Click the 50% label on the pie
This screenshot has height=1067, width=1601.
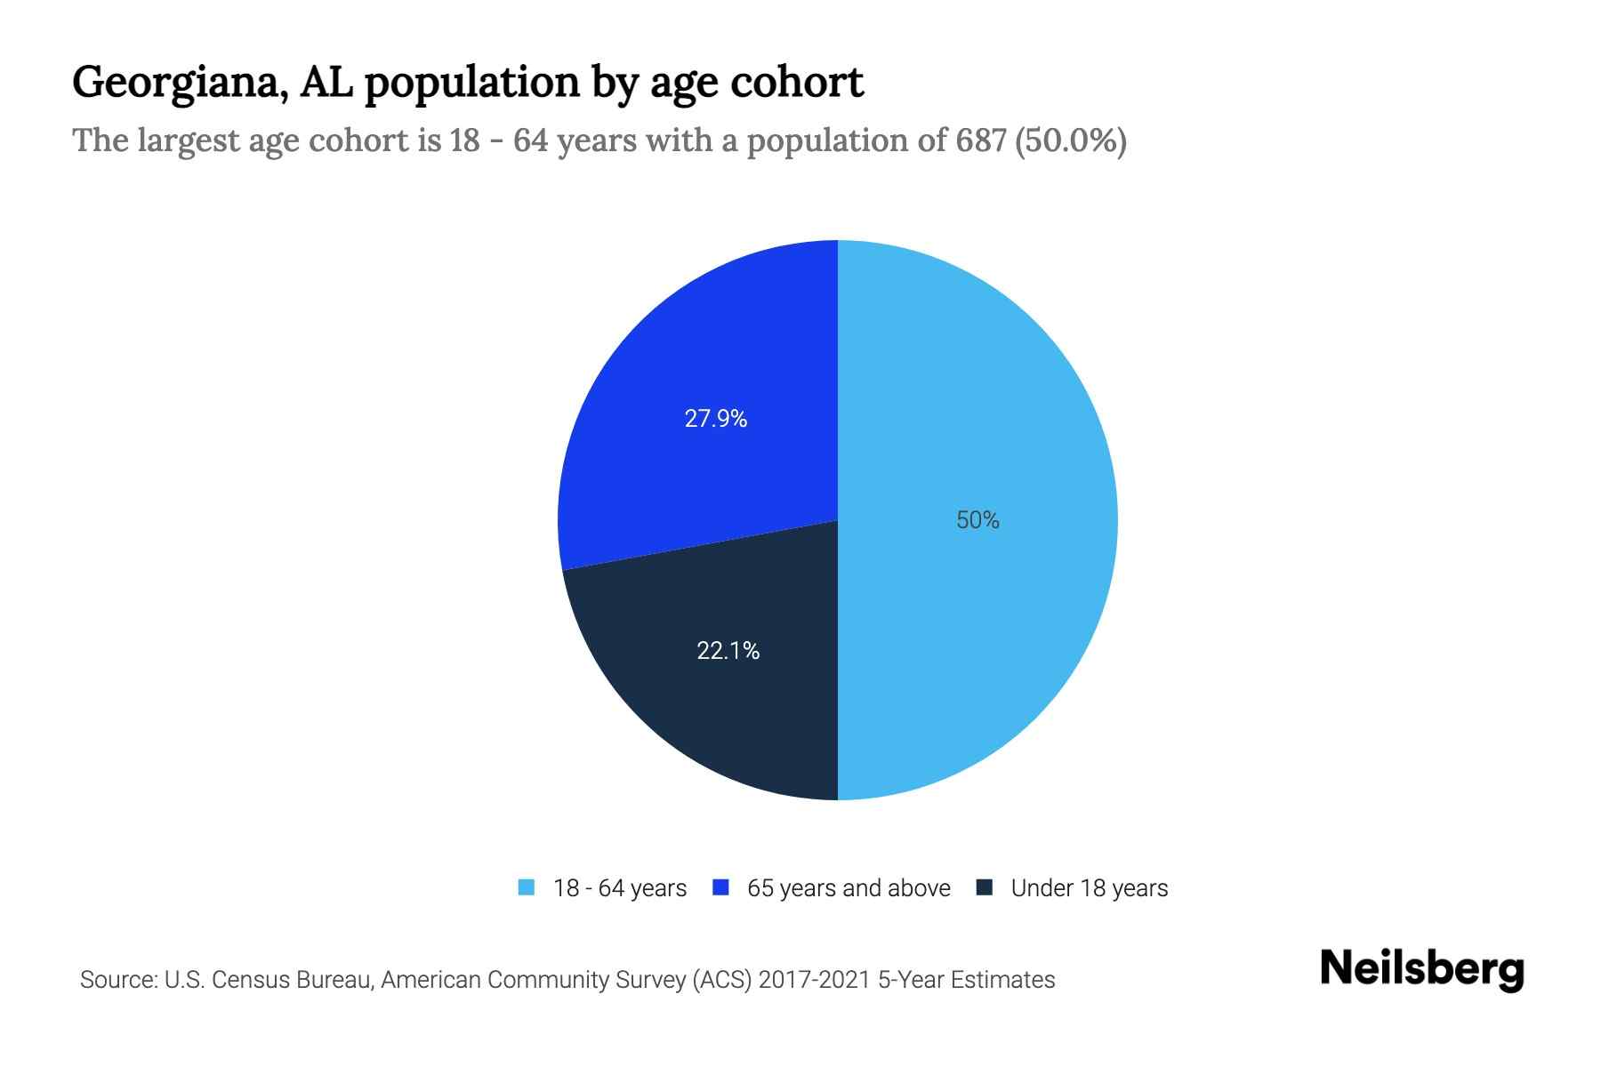pos(977,520)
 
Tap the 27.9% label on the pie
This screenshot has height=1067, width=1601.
pos(715,419)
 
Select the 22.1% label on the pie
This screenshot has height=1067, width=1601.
pos(728,651)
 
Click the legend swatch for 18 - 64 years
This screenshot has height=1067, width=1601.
pos(527,887)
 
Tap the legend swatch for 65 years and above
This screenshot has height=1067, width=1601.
pos(720,887)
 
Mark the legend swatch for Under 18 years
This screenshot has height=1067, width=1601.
pos(984,887)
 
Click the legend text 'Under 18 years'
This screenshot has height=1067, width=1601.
pos(1089,888)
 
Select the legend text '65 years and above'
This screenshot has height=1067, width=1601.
pos(849,888)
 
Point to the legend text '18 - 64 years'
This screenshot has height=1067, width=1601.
pos(620,888)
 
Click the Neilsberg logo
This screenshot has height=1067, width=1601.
pos(1421,969)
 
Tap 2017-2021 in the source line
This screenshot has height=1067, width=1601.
pos(814,980)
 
